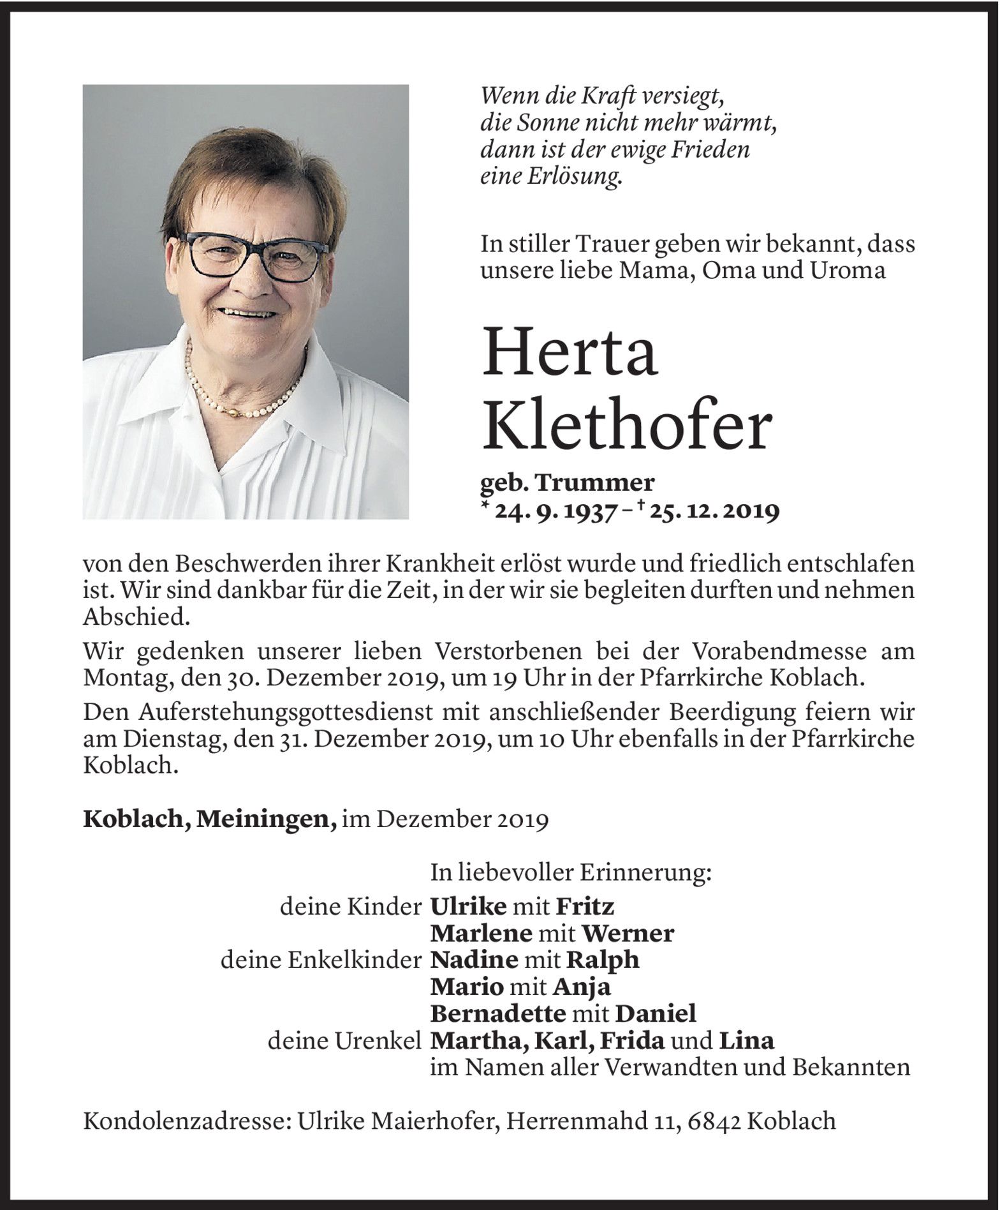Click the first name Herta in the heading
[x=570, y=352]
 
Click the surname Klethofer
[x=626, y=426]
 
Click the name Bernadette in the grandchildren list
[x=497, y=1013]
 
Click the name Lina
[x=746, y=1040]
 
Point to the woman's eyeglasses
[x=252, y=255]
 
